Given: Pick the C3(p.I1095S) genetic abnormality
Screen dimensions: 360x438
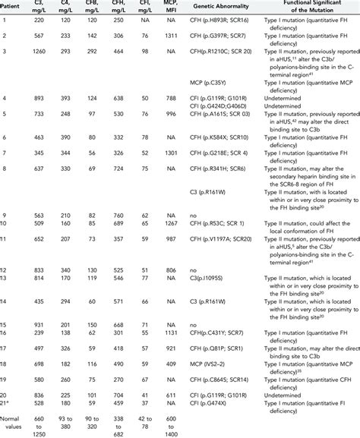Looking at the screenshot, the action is tap(209, 278).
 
